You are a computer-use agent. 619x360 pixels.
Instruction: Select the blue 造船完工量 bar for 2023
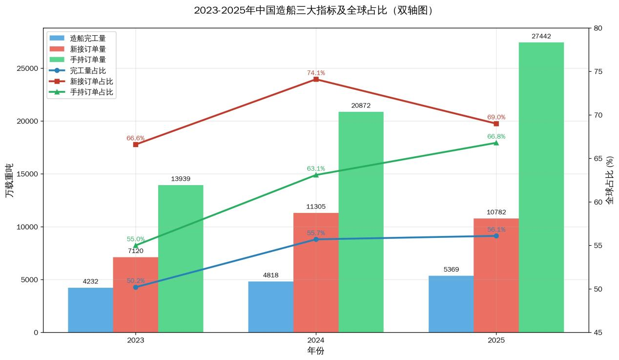(x=90, y=310)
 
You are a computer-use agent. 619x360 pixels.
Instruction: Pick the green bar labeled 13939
(x=181, y=258)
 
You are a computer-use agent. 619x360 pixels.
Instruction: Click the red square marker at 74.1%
(x=316, y=79)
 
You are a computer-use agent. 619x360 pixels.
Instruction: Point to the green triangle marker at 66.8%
(x=496, y=143)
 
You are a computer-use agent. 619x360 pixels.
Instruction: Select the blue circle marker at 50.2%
(x=136, y=287)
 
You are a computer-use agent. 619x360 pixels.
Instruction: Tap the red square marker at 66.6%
(x=136, y=145)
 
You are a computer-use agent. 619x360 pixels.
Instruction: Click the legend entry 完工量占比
(x=88, y=70)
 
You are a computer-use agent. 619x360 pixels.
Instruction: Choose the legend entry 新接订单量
(x=88, y=49)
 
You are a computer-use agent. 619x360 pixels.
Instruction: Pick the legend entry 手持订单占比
(x=91, y=92)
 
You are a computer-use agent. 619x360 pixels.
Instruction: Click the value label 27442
(x=541, y=36)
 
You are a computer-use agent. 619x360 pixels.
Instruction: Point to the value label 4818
(x=270, y=275)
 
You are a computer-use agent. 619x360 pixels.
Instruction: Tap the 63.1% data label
(x=316, y=169)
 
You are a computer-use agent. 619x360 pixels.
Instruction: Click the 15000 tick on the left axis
(x=28, y=174)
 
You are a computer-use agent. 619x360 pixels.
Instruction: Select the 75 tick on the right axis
(x=598, y=71)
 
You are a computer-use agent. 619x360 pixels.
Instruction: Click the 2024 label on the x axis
(x=316, y=340)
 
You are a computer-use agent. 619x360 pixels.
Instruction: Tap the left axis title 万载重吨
(x=9, y=180)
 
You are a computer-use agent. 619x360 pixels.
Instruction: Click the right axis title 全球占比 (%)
(x=610, y=180)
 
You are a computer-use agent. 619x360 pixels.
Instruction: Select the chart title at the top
(x=313, y=10)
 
